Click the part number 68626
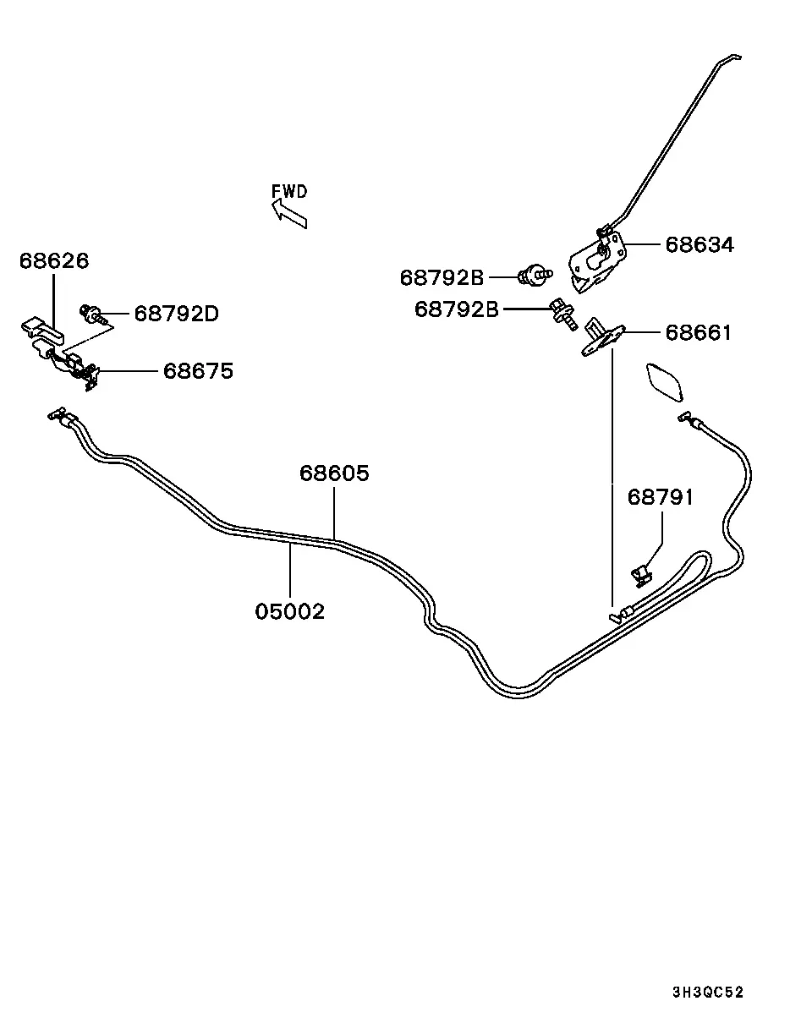(x=54, y=261)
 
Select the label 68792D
(x=177, y=314)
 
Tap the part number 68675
(x=199, y=371)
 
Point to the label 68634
(x=700, y=245)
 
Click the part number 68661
(x=699, y=333)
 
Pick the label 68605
(x=334, y=473)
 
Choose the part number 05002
(x=289, y=612)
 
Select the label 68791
(x=661, y=497)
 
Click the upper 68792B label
(x=442, y=277)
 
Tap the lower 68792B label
(x=457, y=309)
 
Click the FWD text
(x=289, y=192)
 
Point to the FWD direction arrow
(x=289, y=213)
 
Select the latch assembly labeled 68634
(x=597, y=260)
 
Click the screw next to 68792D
(x=93, y=315)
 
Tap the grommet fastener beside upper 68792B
(x=535, y=275)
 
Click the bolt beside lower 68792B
(x=563, y=314)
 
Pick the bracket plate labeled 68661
(x=602, y=337)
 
